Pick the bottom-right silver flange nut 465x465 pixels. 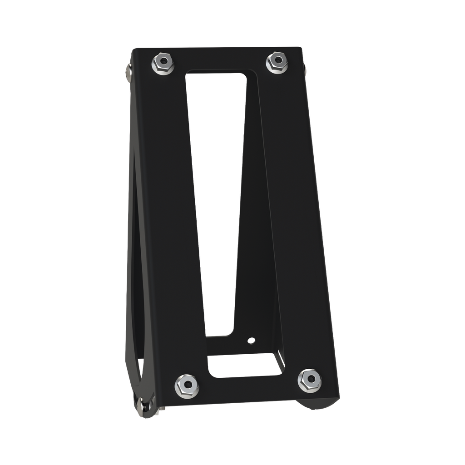309,381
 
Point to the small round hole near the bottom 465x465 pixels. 250,340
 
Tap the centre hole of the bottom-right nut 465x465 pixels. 309,380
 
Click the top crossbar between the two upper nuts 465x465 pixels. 218,58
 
